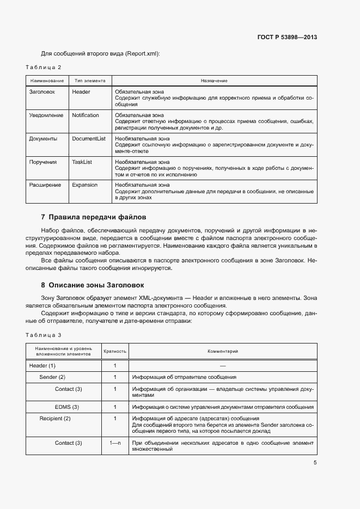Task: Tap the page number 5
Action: point(315,463)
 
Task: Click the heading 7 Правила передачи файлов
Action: point(94,217)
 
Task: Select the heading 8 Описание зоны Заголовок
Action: point(93,285)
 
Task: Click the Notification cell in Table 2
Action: point(86,115)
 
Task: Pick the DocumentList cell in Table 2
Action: point(89,139)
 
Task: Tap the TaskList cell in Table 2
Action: point(82,162)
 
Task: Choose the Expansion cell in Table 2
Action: point(84,185)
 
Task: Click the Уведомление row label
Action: point(46,115)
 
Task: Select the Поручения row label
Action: point(42,162)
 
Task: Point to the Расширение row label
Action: point(45,185)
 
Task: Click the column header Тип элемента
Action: point(90,81)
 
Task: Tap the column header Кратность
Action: point(115,352)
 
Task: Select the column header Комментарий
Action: point(223,352)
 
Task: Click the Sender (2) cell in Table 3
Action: point(52,377)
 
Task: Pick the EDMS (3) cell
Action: point(67,407)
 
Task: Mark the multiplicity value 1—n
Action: point(115,443)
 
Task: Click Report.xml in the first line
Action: point(142,53)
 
